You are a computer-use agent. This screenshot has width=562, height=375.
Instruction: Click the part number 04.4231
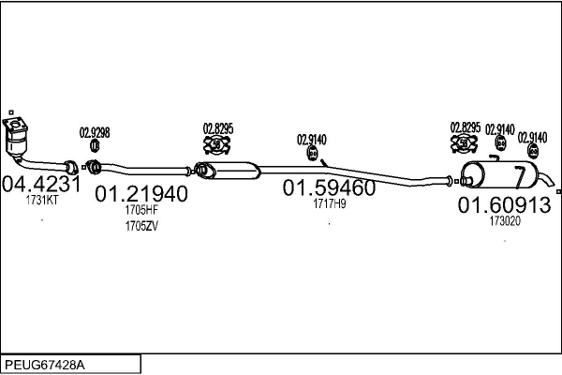tap(41, 185)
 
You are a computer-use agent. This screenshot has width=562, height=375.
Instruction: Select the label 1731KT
tap(42, 201)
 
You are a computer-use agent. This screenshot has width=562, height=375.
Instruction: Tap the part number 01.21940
tap(141, 194)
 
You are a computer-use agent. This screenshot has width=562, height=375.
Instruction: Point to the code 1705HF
tap(141, 210)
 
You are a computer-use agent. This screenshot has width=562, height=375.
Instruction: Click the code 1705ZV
tap(141, 227)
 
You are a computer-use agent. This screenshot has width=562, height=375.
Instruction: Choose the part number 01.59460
tap(329, 187)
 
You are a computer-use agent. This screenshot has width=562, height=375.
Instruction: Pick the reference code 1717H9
tap(330, 203)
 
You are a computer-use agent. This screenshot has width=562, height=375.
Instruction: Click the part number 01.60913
tap(504, 205)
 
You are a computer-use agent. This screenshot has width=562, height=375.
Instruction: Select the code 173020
tap(505, 221)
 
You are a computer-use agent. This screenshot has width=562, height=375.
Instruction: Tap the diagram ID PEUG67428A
tap(45, 366)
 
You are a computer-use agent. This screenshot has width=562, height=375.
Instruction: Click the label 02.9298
tap(95, 133)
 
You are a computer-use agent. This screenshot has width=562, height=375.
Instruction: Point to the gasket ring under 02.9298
tap(95, 145)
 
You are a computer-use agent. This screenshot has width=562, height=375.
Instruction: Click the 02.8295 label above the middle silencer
tap(218, 128)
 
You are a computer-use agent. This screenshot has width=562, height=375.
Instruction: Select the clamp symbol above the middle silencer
tap(217, 144)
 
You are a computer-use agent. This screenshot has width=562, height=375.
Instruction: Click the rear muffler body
tap(501, 175)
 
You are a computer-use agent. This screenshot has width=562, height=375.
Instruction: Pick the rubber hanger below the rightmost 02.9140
tap(533, 151)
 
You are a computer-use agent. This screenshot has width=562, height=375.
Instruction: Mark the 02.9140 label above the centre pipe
tap(312, 140)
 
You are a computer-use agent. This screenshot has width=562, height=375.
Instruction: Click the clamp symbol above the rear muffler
tap(464, 143)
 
